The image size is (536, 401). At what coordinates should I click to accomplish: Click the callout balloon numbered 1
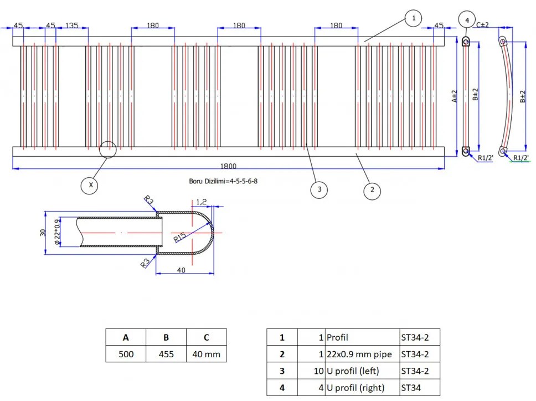413,19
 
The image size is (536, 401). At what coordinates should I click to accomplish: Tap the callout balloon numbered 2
372,191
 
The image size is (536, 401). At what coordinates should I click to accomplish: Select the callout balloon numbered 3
319,189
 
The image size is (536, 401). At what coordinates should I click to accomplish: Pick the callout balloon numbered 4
467,20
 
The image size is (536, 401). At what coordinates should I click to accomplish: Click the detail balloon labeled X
90,185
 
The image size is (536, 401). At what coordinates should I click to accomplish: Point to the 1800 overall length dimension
228,166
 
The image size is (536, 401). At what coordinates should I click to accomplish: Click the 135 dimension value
72,25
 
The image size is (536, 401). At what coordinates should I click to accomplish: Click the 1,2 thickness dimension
201,202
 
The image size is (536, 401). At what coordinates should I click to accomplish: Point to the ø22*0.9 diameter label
55,233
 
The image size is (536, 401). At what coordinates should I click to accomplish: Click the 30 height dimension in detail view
42,233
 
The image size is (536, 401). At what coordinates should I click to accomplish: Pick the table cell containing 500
126,354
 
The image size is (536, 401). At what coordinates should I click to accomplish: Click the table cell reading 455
166,354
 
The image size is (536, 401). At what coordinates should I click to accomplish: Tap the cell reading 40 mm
206,354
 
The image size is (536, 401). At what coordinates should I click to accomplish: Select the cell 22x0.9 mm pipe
359,354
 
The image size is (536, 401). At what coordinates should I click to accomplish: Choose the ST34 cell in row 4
411,388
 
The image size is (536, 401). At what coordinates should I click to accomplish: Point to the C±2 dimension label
482,24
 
